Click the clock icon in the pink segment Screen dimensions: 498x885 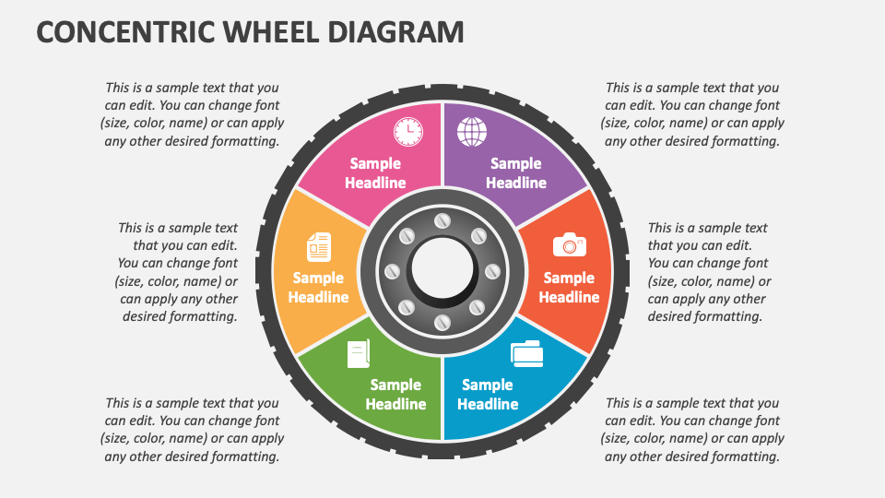pos(407,132)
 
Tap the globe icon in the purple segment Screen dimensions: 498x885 pos(472,132)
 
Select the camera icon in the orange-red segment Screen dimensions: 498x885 pos(569,244)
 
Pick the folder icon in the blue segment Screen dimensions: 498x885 pos(526,353)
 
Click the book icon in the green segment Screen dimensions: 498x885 pos(359,354)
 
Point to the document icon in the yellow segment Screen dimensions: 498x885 pos(318,247)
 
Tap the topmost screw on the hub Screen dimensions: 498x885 pos(442,221)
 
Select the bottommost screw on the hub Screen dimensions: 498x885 pos(442,322)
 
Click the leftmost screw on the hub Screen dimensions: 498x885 pos(392,272)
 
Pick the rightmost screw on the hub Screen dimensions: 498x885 pos(492,272)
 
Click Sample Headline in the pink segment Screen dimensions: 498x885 pos(375,172)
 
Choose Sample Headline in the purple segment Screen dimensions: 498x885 pos(515,172)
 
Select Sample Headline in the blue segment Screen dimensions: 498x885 pos(488,394)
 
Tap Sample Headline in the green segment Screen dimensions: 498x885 pos(395,394)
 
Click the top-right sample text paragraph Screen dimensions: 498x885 pos(692,114)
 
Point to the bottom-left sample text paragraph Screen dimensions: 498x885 pos(192,430)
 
